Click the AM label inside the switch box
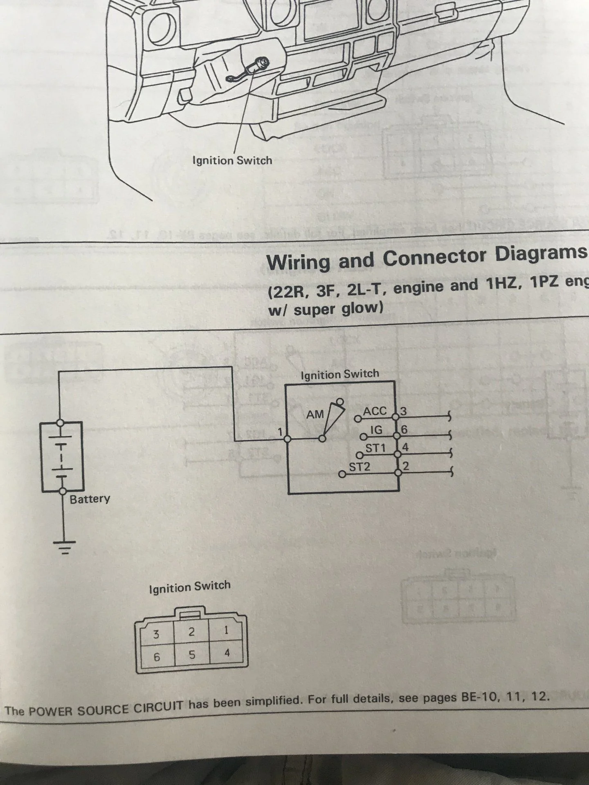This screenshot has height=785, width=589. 315,415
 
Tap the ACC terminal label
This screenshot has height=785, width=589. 375,411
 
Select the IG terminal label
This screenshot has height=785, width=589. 376,430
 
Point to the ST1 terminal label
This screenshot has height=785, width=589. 375,448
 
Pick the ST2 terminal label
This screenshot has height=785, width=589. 360,467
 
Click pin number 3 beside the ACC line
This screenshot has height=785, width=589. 403,411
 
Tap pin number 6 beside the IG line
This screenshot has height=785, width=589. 404,430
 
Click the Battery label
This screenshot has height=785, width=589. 90,499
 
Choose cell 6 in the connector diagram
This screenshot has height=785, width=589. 156,657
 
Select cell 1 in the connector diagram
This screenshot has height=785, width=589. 226,630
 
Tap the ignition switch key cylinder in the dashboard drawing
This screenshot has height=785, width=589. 260,63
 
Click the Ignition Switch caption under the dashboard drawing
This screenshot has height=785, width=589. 232,160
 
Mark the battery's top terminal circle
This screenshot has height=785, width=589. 61,422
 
